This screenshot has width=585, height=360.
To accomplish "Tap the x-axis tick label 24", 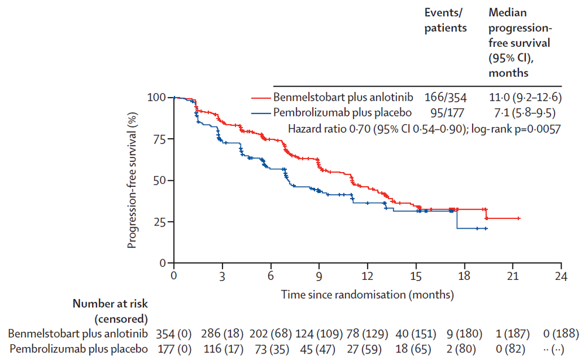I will click(561, 275).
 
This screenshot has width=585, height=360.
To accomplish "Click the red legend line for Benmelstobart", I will click(261, 97).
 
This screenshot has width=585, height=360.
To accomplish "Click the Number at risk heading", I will click(110, 304).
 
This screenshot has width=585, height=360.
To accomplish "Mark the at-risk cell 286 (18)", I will click(221, 334).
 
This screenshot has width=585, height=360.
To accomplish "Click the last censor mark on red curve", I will click(519, 218).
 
